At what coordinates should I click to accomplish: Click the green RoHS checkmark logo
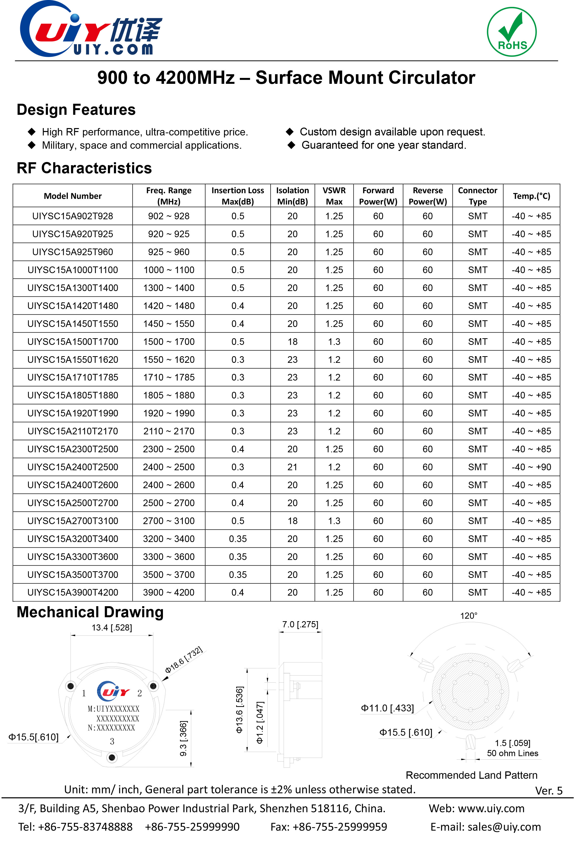512,32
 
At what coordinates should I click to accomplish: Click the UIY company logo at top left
90,29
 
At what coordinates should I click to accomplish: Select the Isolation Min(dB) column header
292,196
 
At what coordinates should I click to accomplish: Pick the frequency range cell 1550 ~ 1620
169,360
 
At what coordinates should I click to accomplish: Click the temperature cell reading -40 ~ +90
531,467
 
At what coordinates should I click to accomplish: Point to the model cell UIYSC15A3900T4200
72,592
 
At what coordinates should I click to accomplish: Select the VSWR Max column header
334,196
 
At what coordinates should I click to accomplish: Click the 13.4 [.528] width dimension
112,628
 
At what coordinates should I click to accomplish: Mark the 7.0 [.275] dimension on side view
300,624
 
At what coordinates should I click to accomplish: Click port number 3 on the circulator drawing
112,741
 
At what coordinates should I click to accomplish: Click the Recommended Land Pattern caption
471,775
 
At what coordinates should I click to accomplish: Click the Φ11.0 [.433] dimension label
387,708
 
